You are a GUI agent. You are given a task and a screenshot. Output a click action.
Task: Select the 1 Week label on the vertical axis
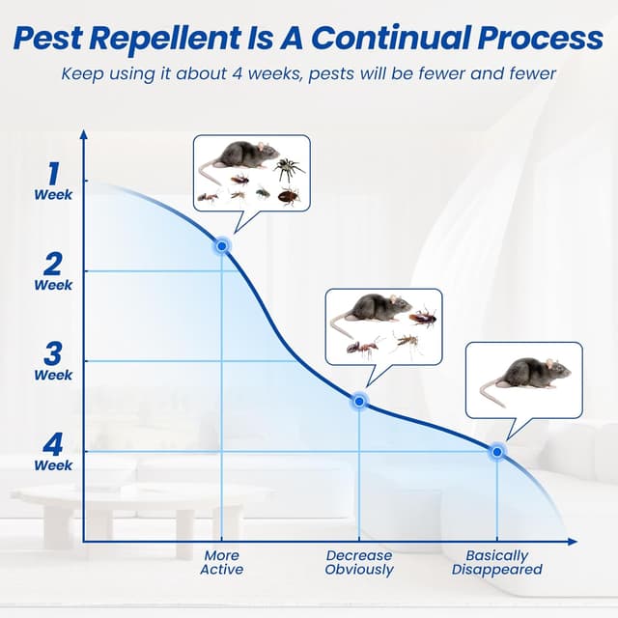[53, 181]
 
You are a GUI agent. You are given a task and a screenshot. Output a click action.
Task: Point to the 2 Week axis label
[53, 270]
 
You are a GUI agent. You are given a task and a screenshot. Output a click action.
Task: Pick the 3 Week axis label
[53, 360]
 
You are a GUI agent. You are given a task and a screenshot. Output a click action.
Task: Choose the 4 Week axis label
[53, 451]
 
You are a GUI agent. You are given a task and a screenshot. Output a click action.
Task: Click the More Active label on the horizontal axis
[222, 562]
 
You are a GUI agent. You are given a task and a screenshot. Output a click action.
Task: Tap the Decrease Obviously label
[359, 562]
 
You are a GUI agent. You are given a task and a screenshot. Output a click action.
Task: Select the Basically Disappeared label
[496, 562]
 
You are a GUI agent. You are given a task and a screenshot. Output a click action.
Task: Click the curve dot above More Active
[222, 246]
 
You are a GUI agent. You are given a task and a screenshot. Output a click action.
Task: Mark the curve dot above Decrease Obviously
[359, 400]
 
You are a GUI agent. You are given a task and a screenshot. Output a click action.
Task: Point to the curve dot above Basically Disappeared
[496, 451]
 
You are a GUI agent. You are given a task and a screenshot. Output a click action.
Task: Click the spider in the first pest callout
[288, 171]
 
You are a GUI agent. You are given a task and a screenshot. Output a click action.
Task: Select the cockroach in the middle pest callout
[422, 317]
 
